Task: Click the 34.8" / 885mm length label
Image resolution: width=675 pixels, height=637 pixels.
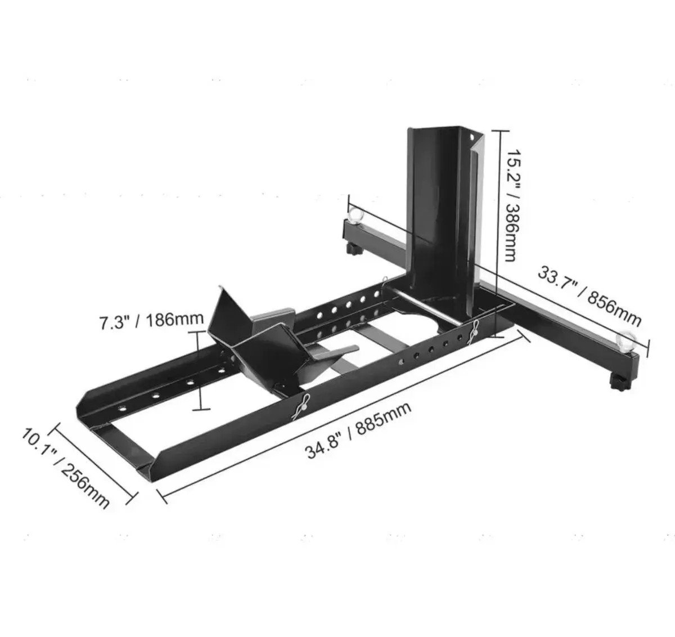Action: [358, 430]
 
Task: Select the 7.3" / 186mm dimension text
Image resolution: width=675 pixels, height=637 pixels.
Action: [151, 320]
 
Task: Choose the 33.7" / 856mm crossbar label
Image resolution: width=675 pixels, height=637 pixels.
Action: [589, 296]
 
